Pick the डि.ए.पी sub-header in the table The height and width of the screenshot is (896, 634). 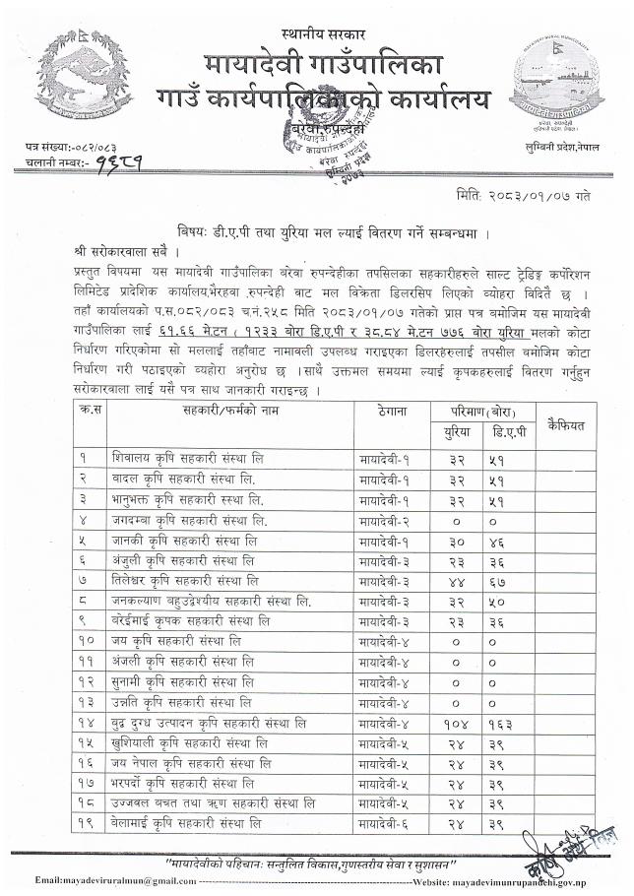(x=505, y=434)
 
